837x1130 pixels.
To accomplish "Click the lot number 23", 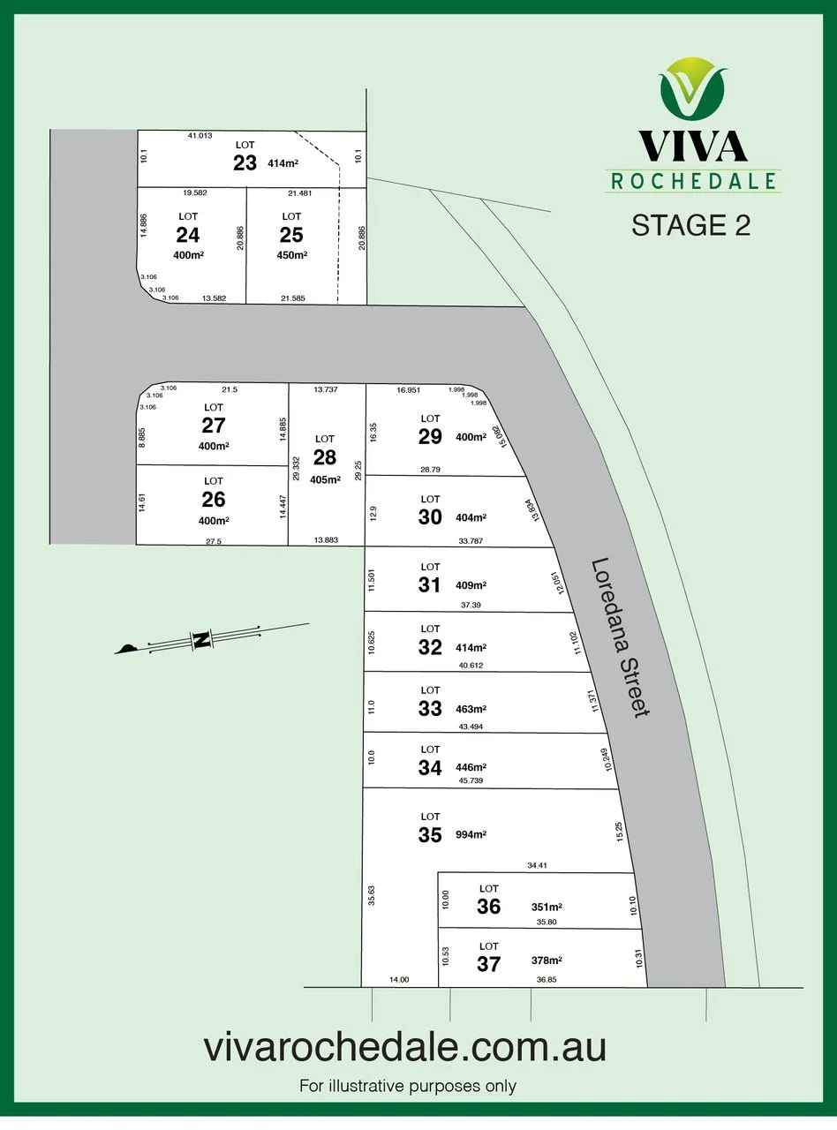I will [245, 162].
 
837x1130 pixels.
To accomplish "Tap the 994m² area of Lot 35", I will [472, 834].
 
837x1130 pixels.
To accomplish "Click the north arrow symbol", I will [201, 640].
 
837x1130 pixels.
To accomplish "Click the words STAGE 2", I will [691, 225].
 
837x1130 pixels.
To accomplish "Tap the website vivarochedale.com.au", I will [405, 1048].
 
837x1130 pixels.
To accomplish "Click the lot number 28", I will [325, 456].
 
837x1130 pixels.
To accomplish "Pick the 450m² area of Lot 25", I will [292, 255].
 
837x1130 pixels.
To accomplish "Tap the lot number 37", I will [488, 964].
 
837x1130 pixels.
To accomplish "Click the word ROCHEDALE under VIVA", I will [692, 181].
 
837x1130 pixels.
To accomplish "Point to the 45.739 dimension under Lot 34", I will [471, 781].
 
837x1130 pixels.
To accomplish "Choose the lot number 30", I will [430, 517].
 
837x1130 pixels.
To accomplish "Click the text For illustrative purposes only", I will [407, 1086].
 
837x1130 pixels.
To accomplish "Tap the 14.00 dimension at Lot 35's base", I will [399, 979].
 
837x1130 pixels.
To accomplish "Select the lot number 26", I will [214, 500].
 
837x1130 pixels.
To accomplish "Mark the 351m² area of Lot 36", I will [547, 907].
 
